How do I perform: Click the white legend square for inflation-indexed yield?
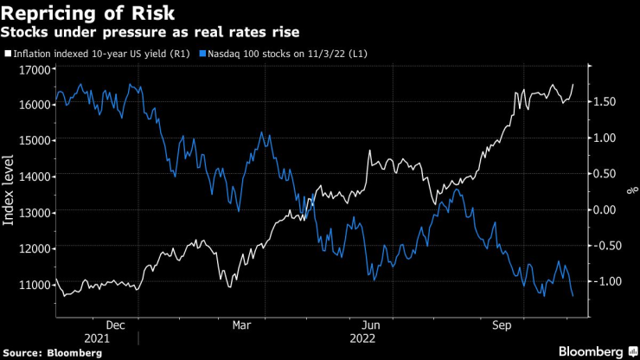point(8,54)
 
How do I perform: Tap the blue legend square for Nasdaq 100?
point(202,54)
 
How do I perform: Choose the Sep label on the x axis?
point(501,325)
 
